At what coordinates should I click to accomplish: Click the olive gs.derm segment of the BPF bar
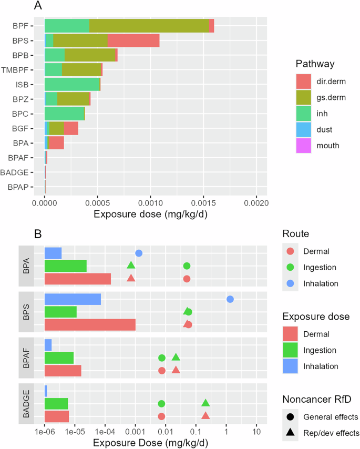(x=149, y=26)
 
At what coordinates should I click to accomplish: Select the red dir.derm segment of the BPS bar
(x=133, y=40)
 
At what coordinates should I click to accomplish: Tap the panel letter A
(x=37, y=6)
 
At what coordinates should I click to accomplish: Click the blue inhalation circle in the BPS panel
(x=230, y=299)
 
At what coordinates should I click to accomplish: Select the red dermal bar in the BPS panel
(x=90, y=324)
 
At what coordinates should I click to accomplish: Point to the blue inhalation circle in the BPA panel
(x=139, y=253)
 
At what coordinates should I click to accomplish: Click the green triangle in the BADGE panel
(x=205, y=403)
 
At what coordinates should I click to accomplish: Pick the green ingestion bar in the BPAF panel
(x=59, y=358)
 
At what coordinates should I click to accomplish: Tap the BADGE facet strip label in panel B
(x=26, y=403)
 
